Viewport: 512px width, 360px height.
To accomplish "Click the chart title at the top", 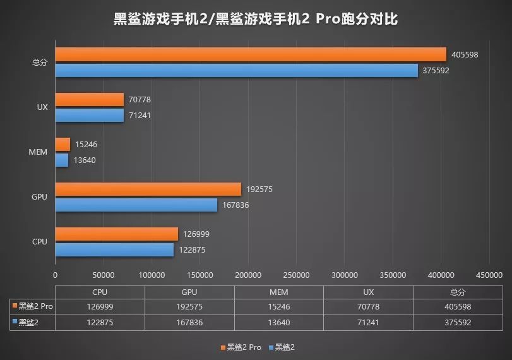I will click(x=256, y=19).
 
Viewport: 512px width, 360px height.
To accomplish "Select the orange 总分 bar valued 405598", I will click(x=250, y=55).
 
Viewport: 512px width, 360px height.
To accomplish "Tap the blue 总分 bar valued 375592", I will click(x=236, y=70).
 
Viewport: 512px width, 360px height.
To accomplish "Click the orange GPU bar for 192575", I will click(x=148, y=189).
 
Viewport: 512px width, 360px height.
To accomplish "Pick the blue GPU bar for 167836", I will click(x=136, y=205).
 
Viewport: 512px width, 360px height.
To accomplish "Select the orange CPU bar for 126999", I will click(x=116, y=234).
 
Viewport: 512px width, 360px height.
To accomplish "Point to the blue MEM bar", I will click(x=62, y=160).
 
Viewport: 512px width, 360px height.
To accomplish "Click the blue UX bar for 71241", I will click(x=89, y=116).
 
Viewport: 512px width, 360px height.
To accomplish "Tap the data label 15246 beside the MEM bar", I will click(x=86, y=145).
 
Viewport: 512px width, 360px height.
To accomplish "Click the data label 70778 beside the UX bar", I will click(x=139, y=100).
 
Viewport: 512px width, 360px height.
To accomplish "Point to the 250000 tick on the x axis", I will click(x=296, y=275).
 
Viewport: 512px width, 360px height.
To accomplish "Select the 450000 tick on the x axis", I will click(x=489, y=275).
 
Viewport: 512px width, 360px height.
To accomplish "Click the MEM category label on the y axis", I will click(x=39, y=152).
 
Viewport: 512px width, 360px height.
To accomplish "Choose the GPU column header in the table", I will click(x=189, y=292).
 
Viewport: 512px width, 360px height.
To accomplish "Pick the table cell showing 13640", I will click(x=278, y=322).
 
